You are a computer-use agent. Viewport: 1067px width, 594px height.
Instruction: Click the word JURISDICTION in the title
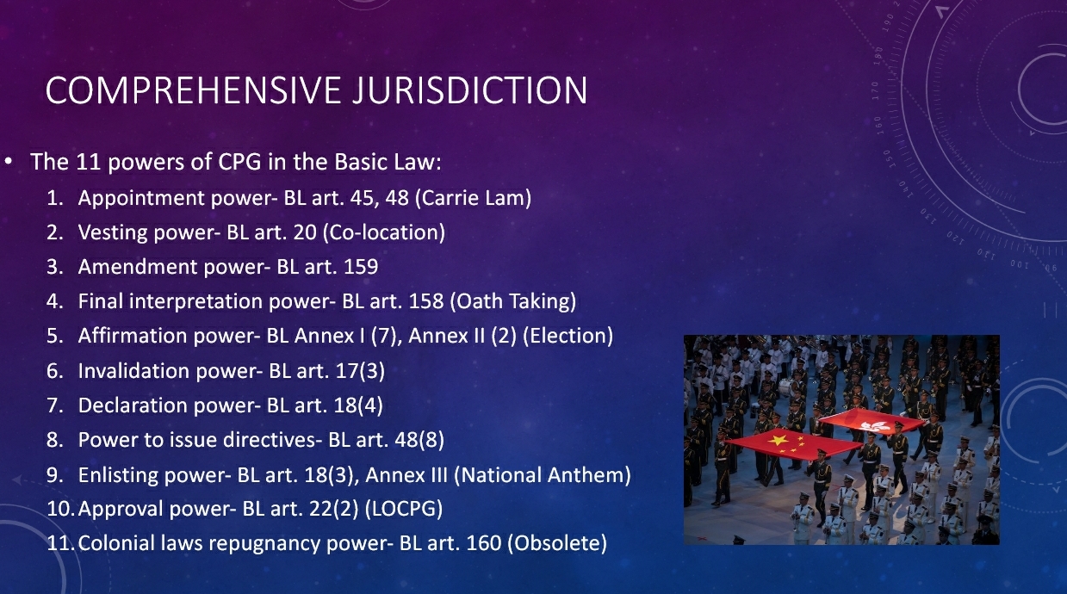(x=469, y=90)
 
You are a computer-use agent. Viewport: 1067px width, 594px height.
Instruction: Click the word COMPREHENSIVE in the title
(x=193, y=90)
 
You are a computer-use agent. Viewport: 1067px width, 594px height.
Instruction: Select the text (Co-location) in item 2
(x=384, y=232)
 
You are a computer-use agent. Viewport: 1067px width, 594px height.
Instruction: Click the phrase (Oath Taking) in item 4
(x=513, y=301)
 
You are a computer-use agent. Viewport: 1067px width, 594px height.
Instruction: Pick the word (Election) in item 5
(x=568, y=336)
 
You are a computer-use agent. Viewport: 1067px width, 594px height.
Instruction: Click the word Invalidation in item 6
(x=133, y=370)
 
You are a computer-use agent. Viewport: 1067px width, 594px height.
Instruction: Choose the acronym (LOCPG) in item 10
(x=403, y=509)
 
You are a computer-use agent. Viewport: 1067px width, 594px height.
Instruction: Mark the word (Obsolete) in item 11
(x=557, y=543)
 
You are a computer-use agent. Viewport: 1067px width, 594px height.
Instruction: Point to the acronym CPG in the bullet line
(x=239, y=162)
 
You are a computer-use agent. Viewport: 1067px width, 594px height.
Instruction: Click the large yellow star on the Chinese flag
(x=777, y=439)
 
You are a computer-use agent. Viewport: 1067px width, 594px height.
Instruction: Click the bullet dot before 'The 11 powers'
(x=8, y=162)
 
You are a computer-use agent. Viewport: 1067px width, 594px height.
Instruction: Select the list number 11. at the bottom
(x=60, y=543)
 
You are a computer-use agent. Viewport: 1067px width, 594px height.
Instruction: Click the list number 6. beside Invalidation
(x=55, y=370)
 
